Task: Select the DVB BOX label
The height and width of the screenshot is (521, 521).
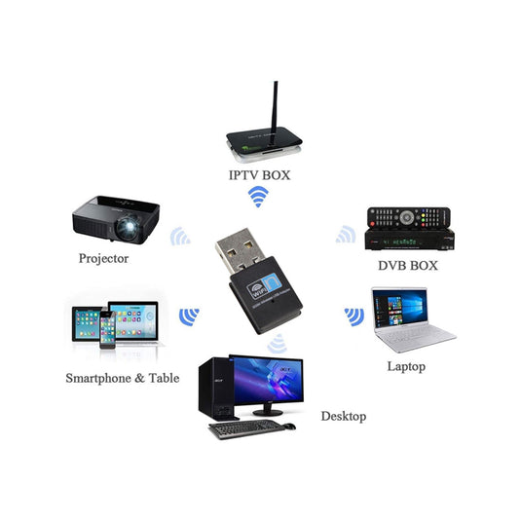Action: point(408,265)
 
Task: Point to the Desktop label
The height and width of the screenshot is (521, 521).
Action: point(344,416)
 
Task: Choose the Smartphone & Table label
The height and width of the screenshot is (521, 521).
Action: point(123,377)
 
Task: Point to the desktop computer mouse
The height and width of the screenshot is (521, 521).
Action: point(289,426)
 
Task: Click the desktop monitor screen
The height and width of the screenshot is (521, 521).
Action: point(264,380)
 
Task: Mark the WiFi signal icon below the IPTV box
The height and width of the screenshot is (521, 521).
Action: point(258,197)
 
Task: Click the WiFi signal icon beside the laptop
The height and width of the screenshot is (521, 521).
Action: point(354,316)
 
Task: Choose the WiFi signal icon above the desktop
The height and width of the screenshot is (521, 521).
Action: point(278,343)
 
